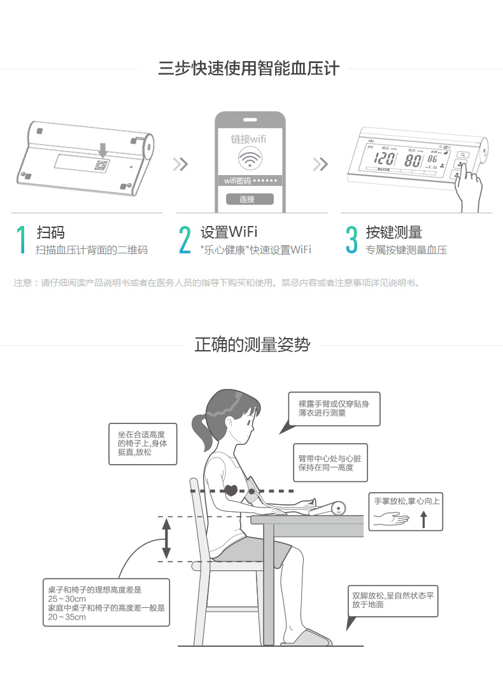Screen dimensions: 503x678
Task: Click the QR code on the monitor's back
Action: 101,165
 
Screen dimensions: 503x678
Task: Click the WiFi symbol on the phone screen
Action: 250,159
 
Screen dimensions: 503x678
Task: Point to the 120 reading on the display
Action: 384,159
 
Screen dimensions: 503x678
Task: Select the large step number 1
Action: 21,239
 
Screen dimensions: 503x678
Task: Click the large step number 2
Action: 185,239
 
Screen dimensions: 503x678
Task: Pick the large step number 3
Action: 351,239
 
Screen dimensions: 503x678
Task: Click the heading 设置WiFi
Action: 229,232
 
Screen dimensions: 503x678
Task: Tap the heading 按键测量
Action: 393,232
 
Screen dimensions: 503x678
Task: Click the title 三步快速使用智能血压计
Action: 249,69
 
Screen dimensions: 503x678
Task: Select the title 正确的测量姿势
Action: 252,345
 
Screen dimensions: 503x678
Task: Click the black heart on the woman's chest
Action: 231,490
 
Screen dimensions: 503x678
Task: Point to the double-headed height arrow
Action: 167,539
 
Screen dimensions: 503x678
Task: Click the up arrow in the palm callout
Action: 423,519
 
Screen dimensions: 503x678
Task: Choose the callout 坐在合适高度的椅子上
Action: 143,444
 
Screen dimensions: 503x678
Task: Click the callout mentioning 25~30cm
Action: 106,602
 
